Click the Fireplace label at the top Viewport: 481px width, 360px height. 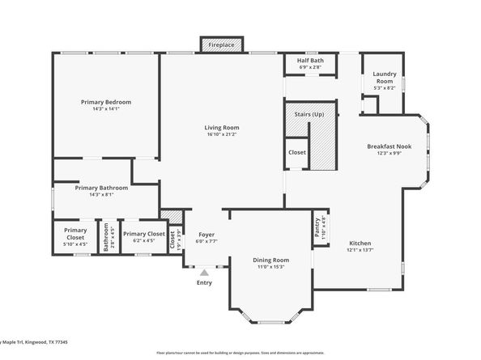pyautogui.click(x=221, y=45)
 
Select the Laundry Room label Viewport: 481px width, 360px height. pyautogui.click(x=384, y=78)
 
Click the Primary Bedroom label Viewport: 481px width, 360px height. pyautogui.click(x=106, y=102)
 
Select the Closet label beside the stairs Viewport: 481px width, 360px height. pyautogui.click(x=297, y=152)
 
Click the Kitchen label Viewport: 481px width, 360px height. pyautogui.click(x=360, y=243)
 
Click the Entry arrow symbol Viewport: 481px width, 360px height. pyautogui.click(x=204, y=273)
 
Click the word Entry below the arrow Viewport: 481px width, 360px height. pyautogui.click(x=204, y=282)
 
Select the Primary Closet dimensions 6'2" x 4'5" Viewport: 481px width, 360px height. pyautogui.click(x=144, y=241)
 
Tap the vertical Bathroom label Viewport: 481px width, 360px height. pyautogui.click(x=105, y=238)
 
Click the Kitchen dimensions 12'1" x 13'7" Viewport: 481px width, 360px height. pyautogui.click(x=360, y=250)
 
